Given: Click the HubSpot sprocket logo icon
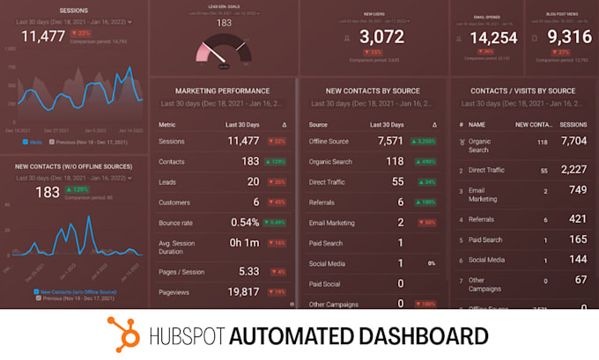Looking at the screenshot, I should click(124, 334).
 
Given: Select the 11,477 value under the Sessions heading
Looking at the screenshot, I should click(43, 36).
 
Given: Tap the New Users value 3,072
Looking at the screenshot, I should click(381, 37).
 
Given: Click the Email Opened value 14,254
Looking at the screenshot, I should click(493, 37).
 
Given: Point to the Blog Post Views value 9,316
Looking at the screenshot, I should click(569, 37).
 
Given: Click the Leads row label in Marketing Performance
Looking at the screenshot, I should click(169, 181).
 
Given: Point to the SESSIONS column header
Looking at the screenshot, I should click(573, 125).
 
